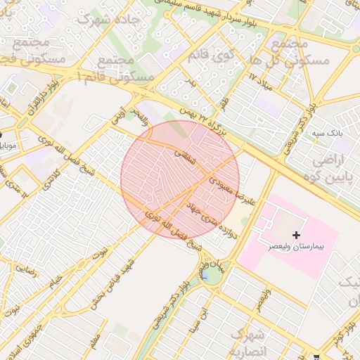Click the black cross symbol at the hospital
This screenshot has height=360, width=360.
tap(296, 234)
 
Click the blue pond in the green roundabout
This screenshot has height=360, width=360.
tap(210, 274)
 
